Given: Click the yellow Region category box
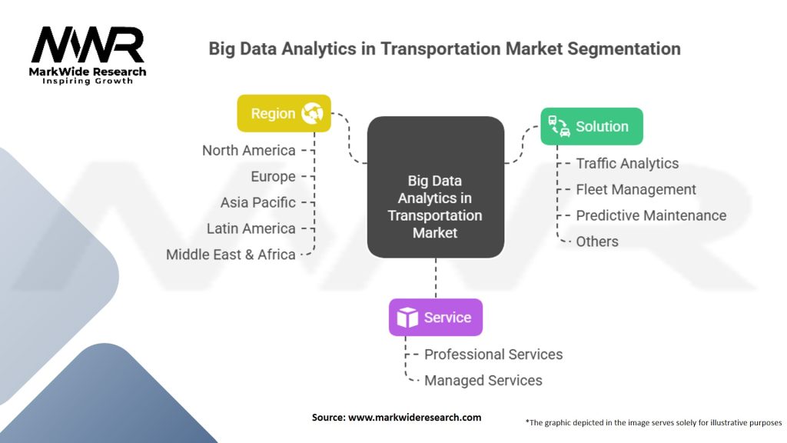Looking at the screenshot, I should pos(284,114).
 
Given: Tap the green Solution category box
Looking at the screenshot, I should pos(591,127).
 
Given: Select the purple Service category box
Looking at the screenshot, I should pos(435,317).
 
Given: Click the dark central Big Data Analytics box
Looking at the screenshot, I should pos(435,187).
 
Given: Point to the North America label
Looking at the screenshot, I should pos(248,150).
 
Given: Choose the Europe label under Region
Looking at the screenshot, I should pos(273,176).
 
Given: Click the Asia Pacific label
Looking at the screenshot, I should pos(257,202).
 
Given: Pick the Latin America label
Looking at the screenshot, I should pos(251,228).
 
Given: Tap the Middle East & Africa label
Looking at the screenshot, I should pos(231,255).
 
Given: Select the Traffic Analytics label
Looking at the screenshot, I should pos(627,163).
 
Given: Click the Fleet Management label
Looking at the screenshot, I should pos(636,189).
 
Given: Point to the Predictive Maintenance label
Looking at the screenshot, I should pos(651,215).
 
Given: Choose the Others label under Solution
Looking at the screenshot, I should pos(597,241).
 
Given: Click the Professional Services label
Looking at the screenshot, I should pos(493,355).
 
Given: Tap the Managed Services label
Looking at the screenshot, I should pos(483,381).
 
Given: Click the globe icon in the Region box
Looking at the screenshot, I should pos(312,114).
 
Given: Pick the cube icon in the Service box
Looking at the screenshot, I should pos(407,317).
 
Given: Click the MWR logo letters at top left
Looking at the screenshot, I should pos(87,45).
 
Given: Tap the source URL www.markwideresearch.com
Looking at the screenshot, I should pos(414,417).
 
